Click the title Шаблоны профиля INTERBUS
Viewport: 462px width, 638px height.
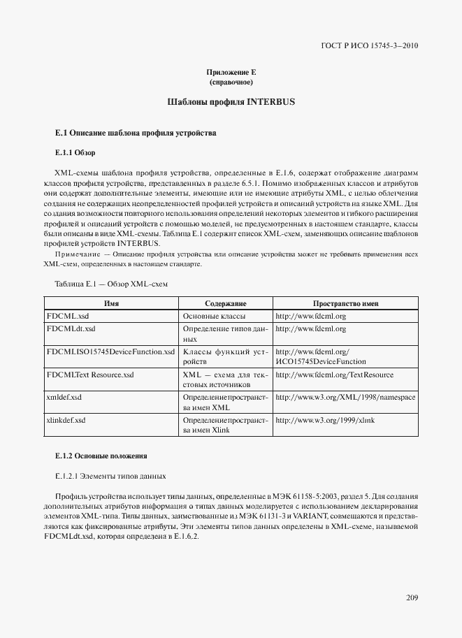pyautogui.click(x=231, y=102)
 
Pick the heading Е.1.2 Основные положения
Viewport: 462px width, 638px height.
pyautogui.click(x=101, y=456)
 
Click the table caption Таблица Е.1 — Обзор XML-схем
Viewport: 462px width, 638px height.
pyautogui.click(x=110, y=284)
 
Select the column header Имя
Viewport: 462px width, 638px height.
pyautogui.click(x=110, y=304)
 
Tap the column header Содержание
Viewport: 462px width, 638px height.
pyautogui.click(x=225, y=304)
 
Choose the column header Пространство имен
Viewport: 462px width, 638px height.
pyautogui.click(x=345, y=304)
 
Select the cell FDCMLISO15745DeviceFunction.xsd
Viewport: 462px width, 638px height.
pyautogui.click(x=110, y=351)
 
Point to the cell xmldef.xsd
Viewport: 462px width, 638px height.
pyautogui.click(x=64, y=397)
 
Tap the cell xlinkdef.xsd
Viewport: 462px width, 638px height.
pyautogui.click(x=66, y=420)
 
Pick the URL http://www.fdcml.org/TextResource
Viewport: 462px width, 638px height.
pyautogui.click(x=334, y=375)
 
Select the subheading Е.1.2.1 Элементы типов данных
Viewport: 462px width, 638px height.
pyautogui.click(x=110, y=477)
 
